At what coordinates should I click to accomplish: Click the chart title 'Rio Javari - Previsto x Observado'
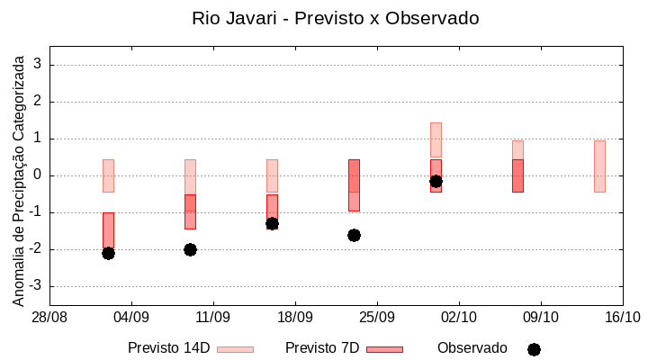click(335, 18)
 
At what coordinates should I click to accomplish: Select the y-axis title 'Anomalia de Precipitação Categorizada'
click(18, 177)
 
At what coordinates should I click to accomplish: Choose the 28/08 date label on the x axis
click(49, 317)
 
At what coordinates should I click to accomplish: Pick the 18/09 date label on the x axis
click(295, 317)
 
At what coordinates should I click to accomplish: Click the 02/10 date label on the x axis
click(459, 317)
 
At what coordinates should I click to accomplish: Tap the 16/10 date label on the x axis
click(622, 317)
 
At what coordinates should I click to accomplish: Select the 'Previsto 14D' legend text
click(169, 348)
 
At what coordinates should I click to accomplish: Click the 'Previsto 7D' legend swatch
click(384, 349)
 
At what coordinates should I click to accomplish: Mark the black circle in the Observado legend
click(534, 349)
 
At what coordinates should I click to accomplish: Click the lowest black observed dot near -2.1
click(108, 253)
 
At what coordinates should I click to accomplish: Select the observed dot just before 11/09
click(190, 249)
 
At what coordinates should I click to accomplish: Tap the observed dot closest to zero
click(436, 181)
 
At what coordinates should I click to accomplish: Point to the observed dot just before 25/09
click(354, 235)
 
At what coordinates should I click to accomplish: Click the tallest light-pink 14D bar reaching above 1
click(436, 140)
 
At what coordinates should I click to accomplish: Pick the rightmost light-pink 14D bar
click(599, 166)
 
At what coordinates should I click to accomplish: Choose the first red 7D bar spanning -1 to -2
click(108, 230)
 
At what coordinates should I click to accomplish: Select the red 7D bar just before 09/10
click(517, 175)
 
